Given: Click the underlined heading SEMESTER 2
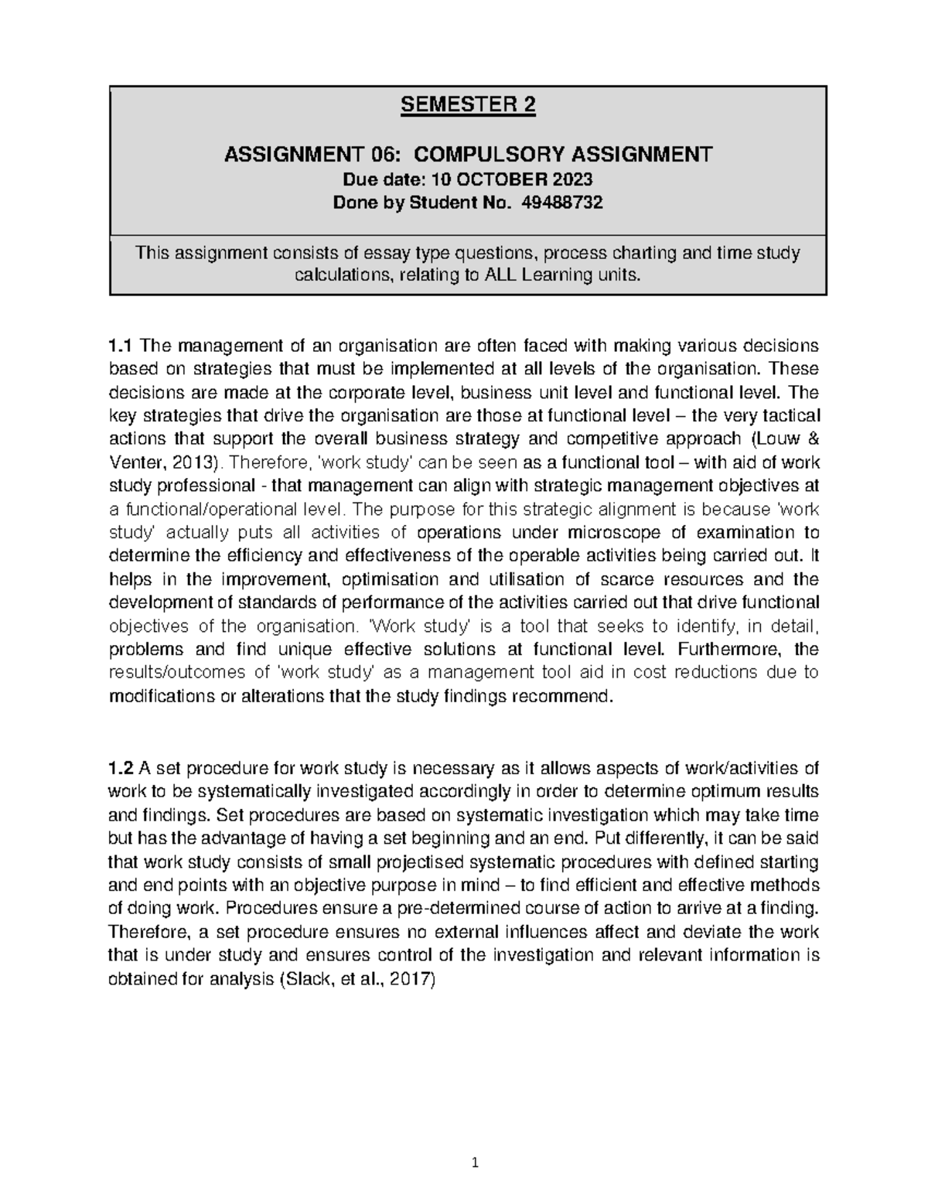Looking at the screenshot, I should [468, 105].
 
